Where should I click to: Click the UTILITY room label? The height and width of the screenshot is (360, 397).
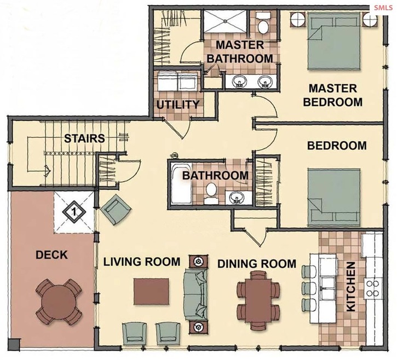tap(178, 104)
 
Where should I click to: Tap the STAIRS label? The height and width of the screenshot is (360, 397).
tap(84, 138)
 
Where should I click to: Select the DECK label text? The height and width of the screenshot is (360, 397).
tap(51, 255)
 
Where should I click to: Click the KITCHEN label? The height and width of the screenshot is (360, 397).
tap(351, 287)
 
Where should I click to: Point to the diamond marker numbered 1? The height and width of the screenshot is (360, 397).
tap(74, 212)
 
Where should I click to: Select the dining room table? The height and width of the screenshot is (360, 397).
tap(258, 300)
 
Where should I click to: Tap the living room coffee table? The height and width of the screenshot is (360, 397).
tap(151, 291)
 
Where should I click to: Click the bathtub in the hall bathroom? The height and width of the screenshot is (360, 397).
tap(181, 183)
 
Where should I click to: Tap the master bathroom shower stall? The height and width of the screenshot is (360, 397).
tap(225, 21)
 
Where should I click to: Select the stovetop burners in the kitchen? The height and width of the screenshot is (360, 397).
tap(372, 288)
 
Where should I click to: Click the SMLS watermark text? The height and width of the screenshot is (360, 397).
tap(383, 8)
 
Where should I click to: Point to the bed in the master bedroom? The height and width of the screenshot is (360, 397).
tap(334, 41)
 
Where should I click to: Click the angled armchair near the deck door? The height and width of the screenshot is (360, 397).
tap(116, 210)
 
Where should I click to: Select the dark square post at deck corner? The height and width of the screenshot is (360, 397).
tap(14, 344)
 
